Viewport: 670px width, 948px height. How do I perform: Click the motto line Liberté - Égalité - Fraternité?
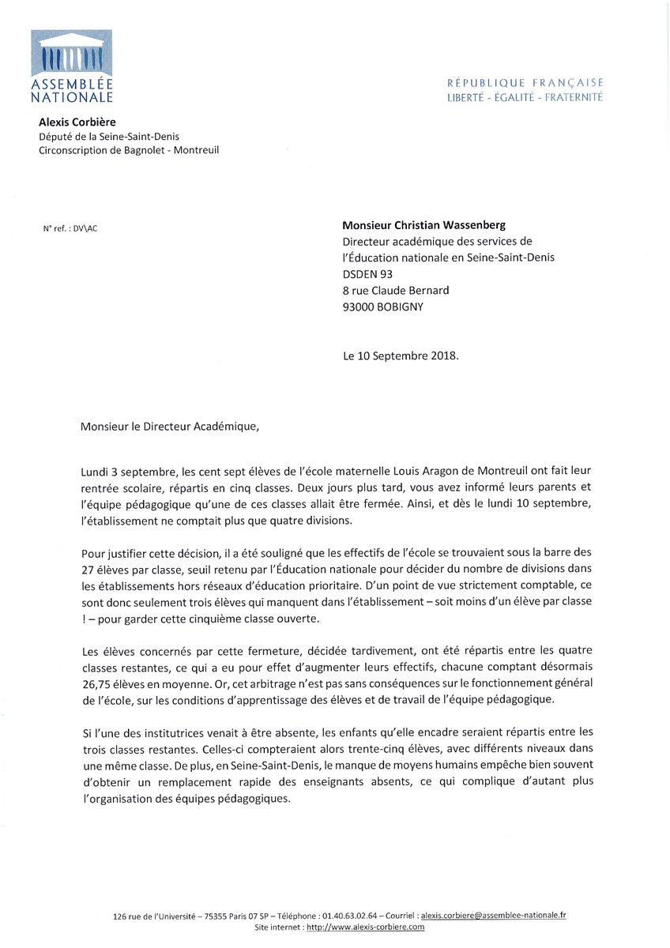pos(525,97)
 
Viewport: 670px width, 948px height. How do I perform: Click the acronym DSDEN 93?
pos(367,273)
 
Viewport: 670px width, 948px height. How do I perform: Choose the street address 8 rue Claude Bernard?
pos(396,290)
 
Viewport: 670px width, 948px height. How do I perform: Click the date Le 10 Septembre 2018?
pos(400,355)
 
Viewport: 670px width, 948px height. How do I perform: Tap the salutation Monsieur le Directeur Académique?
pos(169,427)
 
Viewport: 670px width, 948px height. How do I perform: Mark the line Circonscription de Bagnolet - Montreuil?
pos(129,150)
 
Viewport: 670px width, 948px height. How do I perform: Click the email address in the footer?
pos(493,915)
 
